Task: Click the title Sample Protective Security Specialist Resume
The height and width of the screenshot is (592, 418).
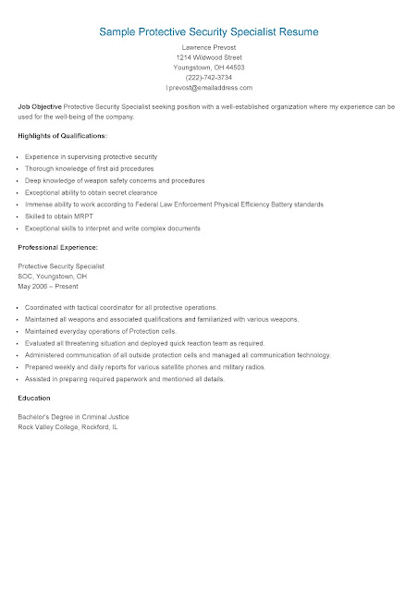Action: point(209,31)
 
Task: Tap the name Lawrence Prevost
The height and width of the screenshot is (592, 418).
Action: point(209,46)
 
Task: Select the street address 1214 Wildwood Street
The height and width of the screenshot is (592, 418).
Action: point(209,56)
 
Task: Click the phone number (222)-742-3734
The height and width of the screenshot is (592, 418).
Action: point(209,78)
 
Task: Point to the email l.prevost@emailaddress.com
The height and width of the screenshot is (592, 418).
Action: point(209,89)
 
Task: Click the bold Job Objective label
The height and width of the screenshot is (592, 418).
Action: point(40,108)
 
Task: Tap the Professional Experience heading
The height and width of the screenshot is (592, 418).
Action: point(57,248)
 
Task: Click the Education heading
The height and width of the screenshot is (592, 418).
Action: point(34,398)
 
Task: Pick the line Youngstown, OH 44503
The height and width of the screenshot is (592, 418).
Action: point(209,68)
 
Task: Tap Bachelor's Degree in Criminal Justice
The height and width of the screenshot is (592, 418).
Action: point(74,417)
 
